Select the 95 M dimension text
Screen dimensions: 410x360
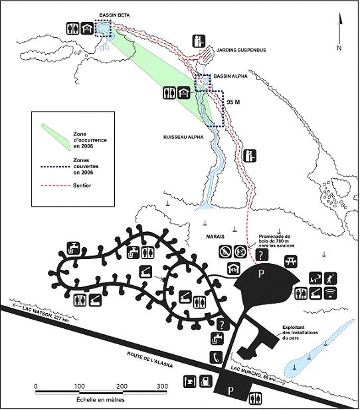click(232, 103)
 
